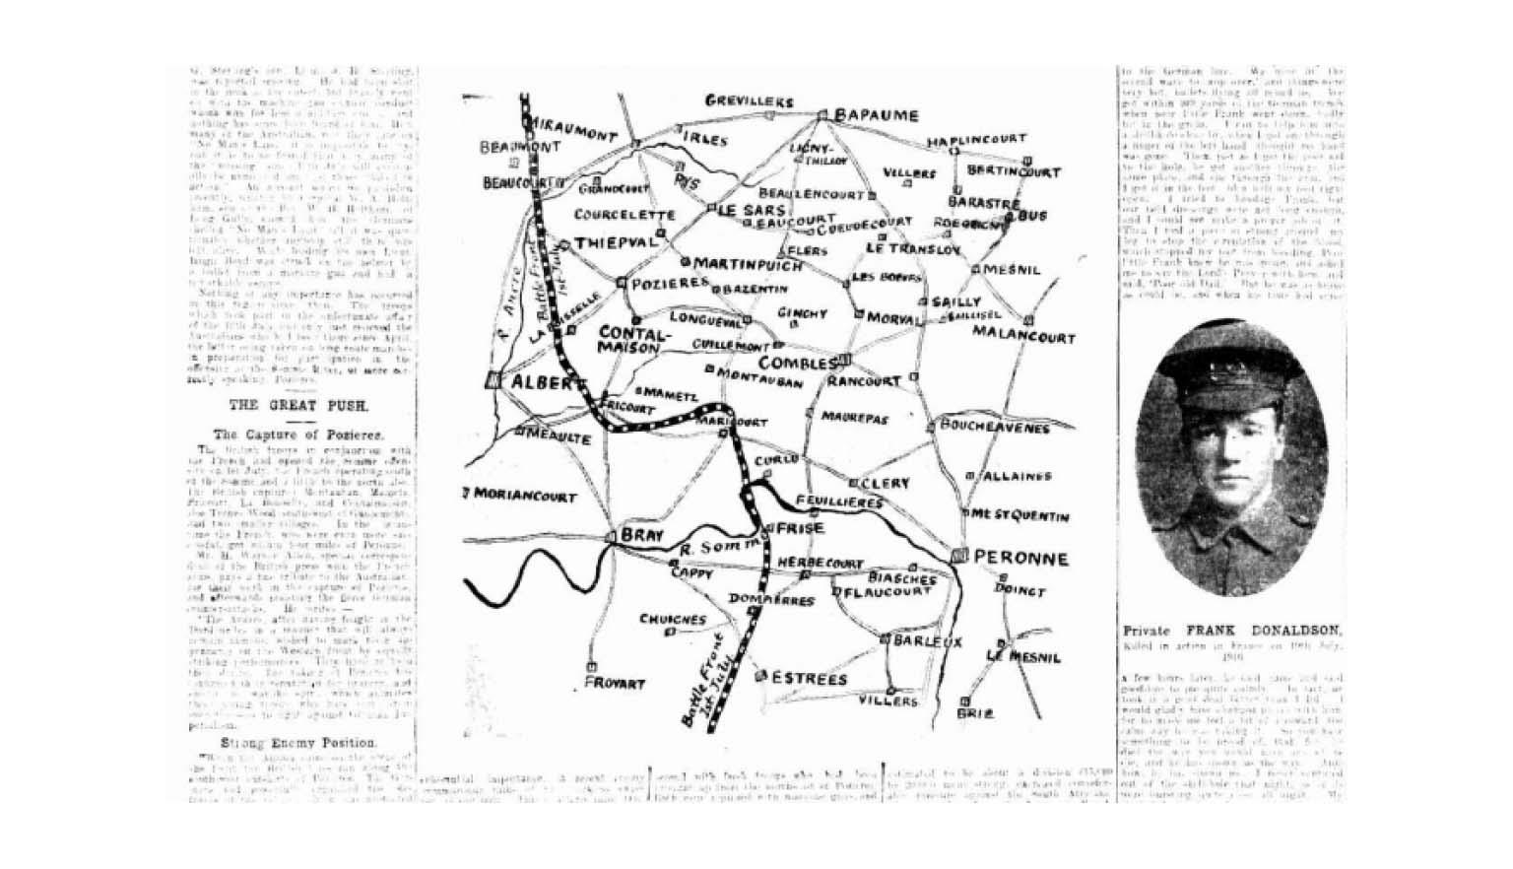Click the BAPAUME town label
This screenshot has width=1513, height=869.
[876, 116]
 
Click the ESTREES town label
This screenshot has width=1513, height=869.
[810, 679]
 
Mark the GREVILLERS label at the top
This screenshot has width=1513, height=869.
[749, 100]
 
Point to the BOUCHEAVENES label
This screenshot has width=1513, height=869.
[995, 427]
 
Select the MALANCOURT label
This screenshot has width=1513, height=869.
[1023, 336]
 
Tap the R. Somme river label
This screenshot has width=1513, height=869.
[720, 546]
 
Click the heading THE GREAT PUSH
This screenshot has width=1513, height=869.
[298, 405]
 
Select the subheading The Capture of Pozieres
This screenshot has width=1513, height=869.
[298, 434]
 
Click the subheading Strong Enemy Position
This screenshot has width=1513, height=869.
[297, 742]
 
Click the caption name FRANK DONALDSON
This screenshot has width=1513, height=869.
[1263, 630]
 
